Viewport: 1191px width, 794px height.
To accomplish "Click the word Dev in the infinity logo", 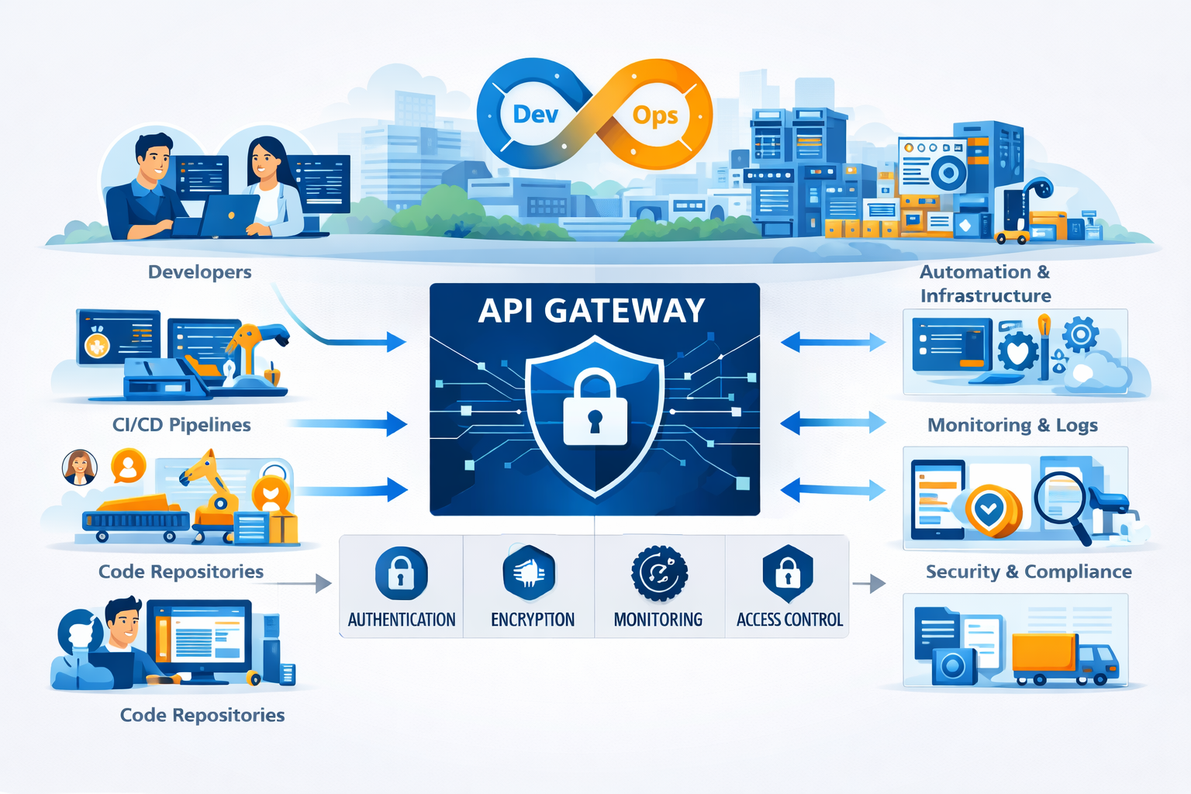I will pos(535,115).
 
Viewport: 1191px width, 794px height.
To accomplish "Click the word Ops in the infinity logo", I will pos(655,116).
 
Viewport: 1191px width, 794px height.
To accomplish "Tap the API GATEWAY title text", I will pos(592,311).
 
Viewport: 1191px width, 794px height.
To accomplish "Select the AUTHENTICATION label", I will pos(401,620).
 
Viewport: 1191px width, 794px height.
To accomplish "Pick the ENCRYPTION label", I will pos(533,620).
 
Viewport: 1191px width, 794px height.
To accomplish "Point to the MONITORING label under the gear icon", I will pos(658,620).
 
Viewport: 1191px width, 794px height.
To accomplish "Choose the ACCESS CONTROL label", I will pos(789,620).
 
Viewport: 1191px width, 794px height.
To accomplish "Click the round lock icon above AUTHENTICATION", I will pos(401,574).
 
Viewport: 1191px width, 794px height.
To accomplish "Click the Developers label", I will pos(199,272).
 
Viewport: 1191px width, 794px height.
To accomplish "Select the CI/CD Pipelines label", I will pos(181,425).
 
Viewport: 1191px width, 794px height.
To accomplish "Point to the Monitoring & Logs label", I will pos(1013,425).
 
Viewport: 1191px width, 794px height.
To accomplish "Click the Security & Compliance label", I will pos(1028,571).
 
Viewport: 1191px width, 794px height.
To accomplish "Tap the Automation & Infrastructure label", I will pos(985,284).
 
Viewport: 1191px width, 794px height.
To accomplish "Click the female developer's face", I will pos(264,158).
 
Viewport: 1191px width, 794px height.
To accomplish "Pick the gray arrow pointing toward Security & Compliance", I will pos(869,583).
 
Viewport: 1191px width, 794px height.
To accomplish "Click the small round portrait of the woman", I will pos(79,468).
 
